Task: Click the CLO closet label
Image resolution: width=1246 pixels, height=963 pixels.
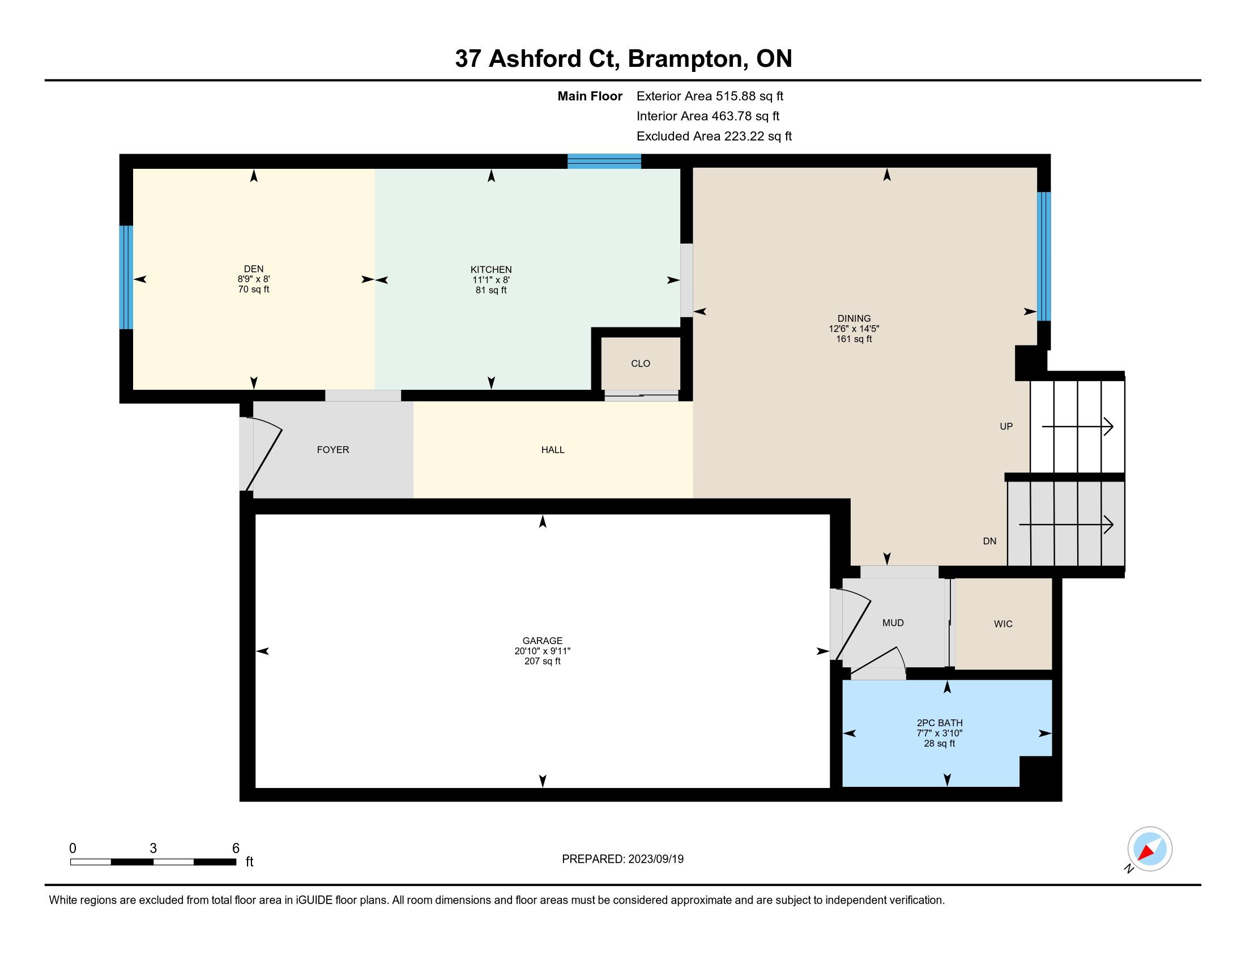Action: (x=641, y=364)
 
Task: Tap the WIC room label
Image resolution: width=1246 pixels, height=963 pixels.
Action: (x=1003, y=624)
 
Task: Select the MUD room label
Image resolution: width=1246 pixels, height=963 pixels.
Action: (x=893, y=623)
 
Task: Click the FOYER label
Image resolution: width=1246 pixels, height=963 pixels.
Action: (x=333, y=450)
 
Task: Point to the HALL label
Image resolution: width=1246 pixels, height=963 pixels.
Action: (x=553, y=450)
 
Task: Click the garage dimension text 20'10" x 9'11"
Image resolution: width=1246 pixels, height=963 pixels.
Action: (x=543, y=651)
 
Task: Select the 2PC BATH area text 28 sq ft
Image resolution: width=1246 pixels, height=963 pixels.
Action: (x=940, y=743)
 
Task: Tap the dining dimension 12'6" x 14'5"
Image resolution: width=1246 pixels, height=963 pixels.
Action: (x=854, y=329)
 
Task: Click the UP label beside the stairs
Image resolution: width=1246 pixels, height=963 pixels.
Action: (x=1006, y=426)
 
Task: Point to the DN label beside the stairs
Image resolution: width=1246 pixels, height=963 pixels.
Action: (x=990, y=541)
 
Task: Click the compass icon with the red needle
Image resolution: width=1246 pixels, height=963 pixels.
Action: (x=1150, y=849)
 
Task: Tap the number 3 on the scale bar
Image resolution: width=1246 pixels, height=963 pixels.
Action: (x=153, y=849)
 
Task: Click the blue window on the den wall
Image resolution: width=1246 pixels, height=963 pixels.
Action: (x=126, y=277)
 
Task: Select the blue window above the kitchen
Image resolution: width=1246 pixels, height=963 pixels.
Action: (x=604, y=161)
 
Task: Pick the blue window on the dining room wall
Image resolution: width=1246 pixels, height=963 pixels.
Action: (x=1043, y=256)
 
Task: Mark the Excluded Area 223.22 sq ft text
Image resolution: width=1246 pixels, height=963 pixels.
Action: (x=714, y=137)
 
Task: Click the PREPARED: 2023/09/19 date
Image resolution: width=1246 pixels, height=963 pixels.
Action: (x=622, y=859)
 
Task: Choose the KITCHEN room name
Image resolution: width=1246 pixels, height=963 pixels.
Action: (x=491, y=269)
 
